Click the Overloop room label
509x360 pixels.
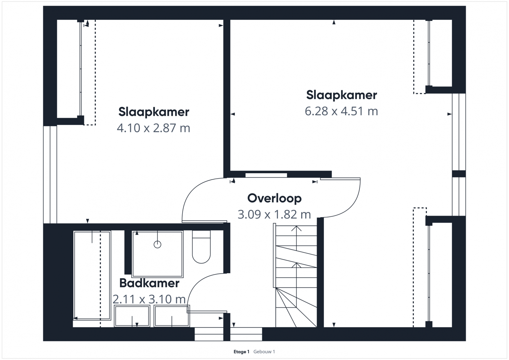point(274,198)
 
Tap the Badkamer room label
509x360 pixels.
point(149,283)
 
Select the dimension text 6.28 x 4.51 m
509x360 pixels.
point(341,111)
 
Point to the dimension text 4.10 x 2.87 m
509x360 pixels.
point(153,128)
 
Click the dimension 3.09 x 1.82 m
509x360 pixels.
point(274,215)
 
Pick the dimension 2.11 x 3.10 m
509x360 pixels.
point(149,299)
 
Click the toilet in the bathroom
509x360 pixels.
point(201,247)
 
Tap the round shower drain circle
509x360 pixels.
point(157,244)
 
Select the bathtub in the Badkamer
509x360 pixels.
point(92,275)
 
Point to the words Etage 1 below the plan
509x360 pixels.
point(241,352)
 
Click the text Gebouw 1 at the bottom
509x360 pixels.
point(264,352)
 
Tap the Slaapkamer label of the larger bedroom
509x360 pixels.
point(341,95)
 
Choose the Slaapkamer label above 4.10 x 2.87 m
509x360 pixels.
point(153,112)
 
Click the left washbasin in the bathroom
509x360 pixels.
point(132,316)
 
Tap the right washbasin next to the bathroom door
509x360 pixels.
point(172,316)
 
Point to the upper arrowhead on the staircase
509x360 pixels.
point(296,229)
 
